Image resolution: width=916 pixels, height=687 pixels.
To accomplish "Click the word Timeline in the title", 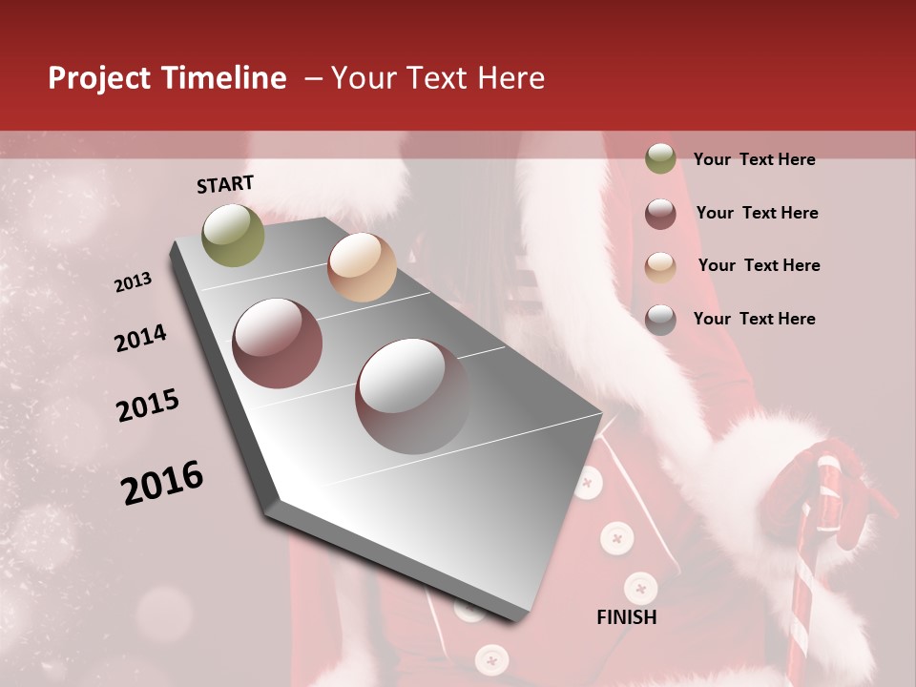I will [x=223, y=78].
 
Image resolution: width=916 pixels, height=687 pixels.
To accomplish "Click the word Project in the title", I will [x=98, y=78].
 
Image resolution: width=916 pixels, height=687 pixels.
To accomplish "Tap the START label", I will [x=225, y=184].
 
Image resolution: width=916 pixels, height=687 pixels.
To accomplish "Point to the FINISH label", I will [x=627, y=617].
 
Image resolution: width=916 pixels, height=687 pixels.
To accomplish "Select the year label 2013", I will [x=133, y=282].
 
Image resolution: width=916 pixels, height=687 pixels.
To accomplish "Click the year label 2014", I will [x=140, y=338].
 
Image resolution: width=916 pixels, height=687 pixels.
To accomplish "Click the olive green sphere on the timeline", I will [x=234, y=235].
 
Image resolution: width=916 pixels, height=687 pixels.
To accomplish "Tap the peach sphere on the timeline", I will [x=362, y=267].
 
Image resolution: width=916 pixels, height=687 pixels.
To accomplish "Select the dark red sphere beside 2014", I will [x=278, y=343].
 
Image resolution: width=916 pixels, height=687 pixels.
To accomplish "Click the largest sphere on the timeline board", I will [x=413, y=396].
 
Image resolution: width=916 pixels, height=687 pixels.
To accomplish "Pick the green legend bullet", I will [x=660, y=158].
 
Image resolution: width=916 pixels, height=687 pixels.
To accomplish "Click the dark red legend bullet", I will [x=660, y=214].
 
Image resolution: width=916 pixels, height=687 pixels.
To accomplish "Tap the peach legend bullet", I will [x=660, y=267].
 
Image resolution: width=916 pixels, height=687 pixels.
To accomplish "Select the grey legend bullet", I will [x=660, y=320].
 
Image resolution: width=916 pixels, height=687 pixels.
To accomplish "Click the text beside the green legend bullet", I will [x=754, y=159].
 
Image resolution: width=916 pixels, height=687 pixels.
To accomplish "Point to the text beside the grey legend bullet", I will [x=754, y=319].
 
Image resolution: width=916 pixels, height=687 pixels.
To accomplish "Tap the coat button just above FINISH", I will [x=640, y=587].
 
